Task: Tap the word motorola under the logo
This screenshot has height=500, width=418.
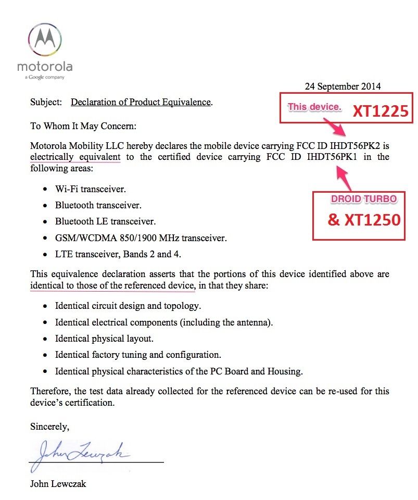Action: pyautogui.click(x=44, y=67)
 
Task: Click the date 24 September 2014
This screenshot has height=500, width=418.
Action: pyautogui.click(x=343, y=86)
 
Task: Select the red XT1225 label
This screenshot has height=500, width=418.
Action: pyautogui.click(x=381, y=111)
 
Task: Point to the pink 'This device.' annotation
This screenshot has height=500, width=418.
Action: pyautogui.click(x=314, y=107)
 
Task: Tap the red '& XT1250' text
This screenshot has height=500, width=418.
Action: pyautogui.click(x=364, y=220)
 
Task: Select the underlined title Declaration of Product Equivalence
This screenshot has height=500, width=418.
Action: pyautogui.click(x=141, y=102)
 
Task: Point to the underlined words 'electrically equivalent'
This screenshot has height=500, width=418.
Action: pyautogui.click(x=75, y=157)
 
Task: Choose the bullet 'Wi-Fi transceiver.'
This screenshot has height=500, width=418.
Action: pyautogui.click(x=91, y=189)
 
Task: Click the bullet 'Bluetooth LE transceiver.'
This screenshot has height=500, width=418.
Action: pyautogui.click(x=105, y=221)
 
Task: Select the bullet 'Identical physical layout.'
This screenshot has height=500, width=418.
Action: pyautogui.click(x=104, y=339)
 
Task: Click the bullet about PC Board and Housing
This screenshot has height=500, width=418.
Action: pyautogui.click(x=179, y=371)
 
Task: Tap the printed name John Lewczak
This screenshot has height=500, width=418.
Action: pyautogui.click(x=58, y=484)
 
